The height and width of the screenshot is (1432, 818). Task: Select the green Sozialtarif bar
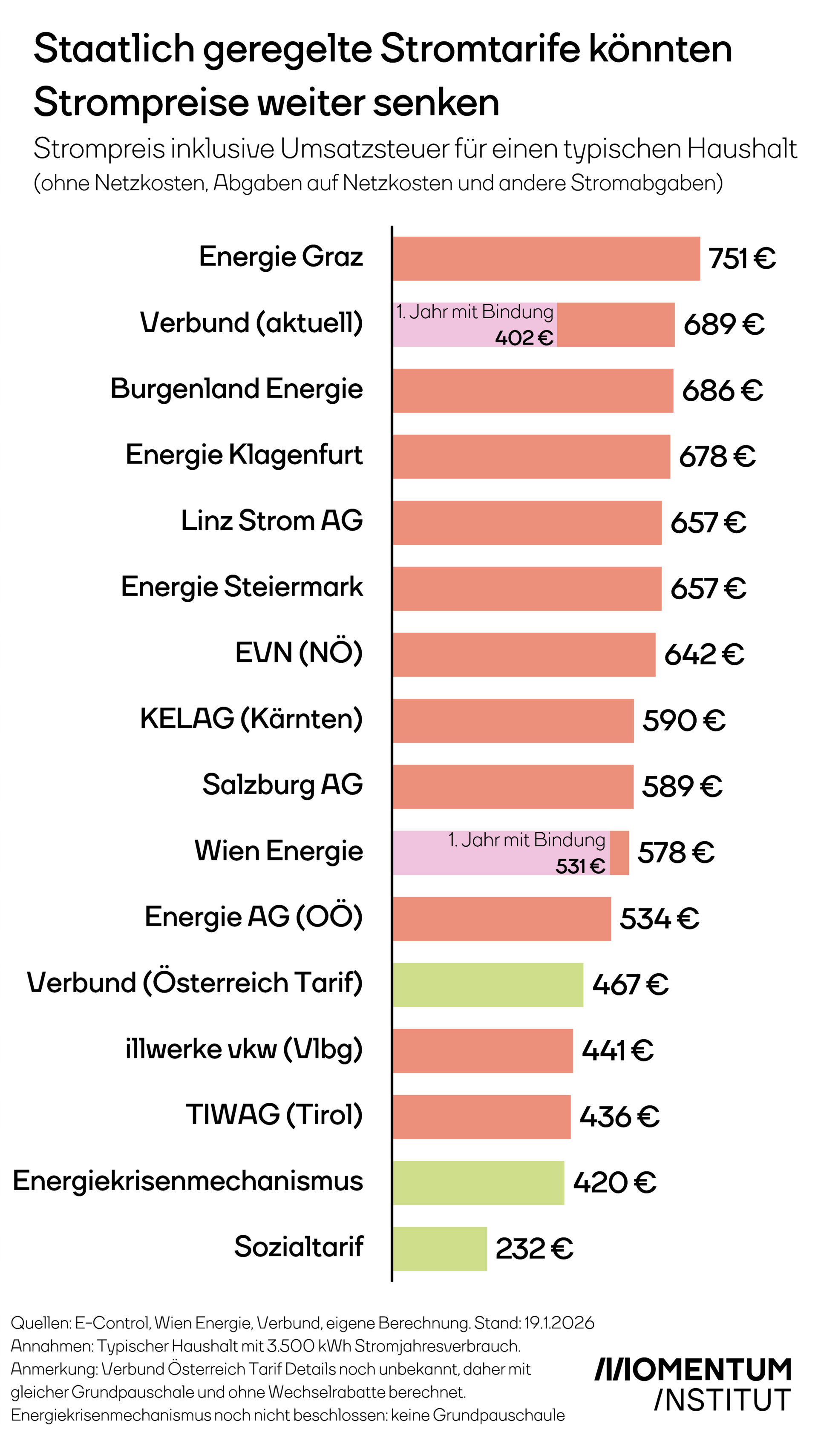(x=440, y=1248)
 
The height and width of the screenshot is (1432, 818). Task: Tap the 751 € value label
(x=742, y=259)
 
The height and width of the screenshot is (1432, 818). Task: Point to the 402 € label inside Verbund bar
(x=524, y=337)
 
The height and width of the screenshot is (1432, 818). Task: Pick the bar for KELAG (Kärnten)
(x=513, y=721)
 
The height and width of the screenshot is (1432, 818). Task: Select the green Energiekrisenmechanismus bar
(x=478, y=1183)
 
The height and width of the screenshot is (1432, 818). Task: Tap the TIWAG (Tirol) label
(x=274, y=1115)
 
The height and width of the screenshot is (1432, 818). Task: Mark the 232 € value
(x=534, y=1249)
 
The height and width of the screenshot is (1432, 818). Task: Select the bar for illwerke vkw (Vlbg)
(x=483, y=1051)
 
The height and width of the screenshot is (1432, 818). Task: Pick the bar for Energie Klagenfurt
(x=531, y=456)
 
